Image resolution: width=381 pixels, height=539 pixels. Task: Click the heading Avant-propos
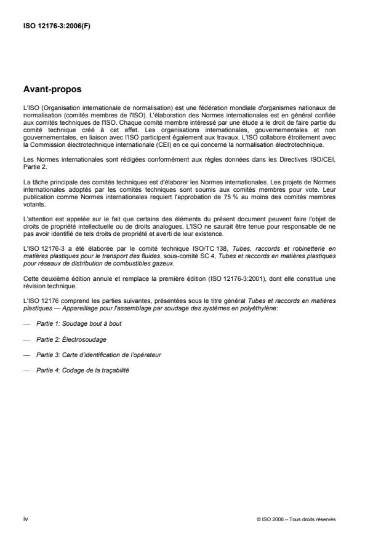52,89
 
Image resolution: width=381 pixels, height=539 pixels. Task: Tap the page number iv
25,519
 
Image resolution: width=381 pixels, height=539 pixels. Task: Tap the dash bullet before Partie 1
26,323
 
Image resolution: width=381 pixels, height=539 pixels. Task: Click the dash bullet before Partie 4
26,371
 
